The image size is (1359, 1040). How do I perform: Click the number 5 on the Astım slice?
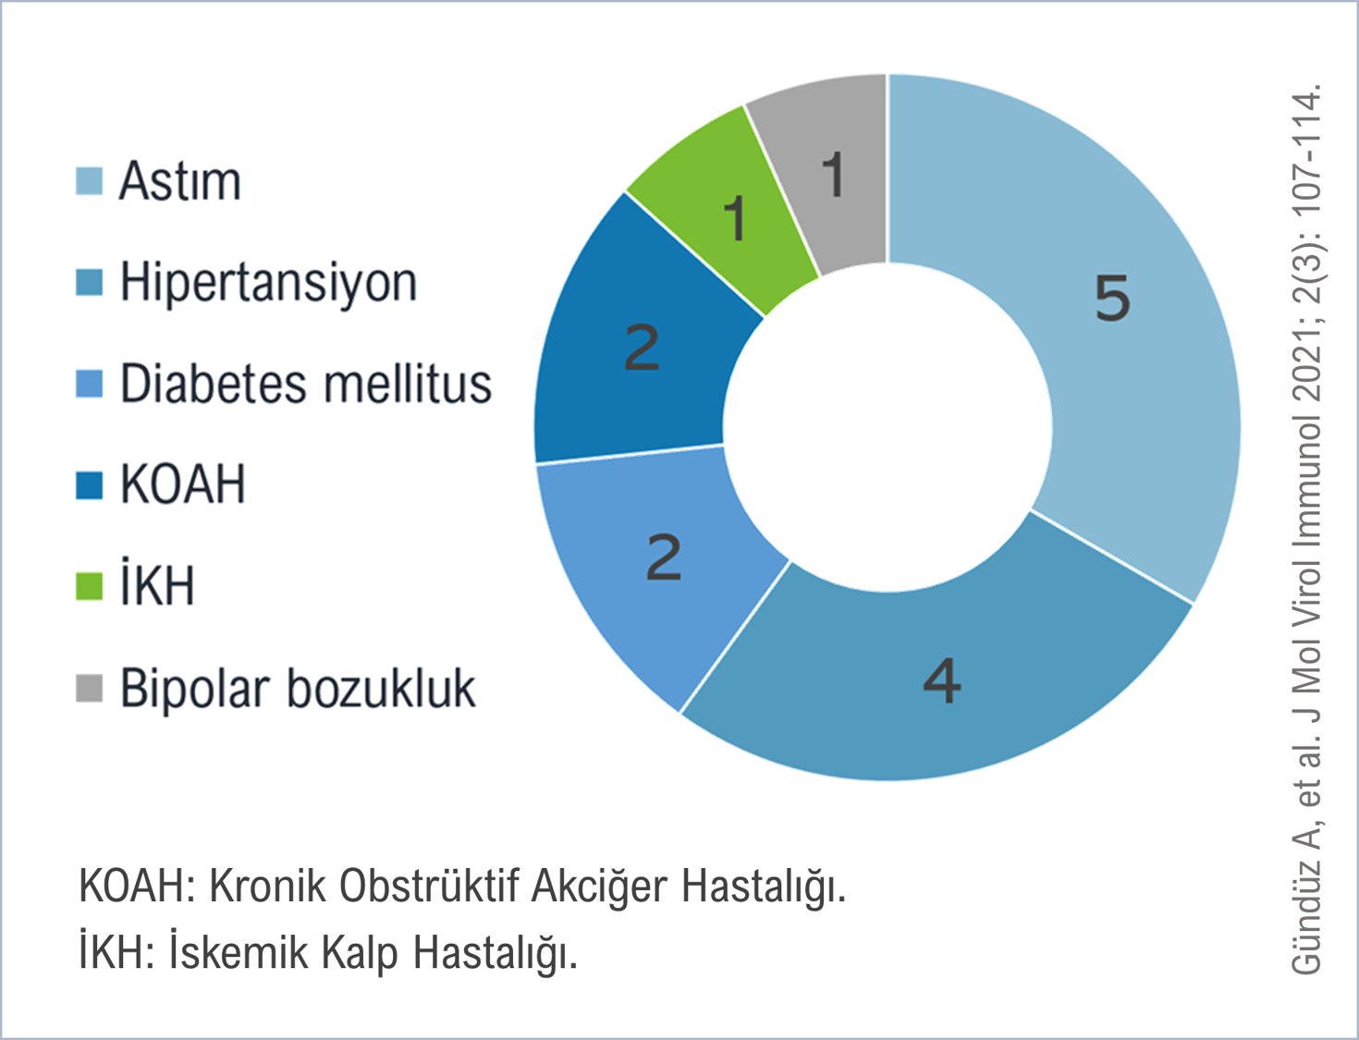[x=1112, y=299]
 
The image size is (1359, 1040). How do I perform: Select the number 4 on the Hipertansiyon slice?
[x=942, y=681]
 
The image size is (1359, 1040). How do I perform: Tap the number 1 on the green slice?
[x=735, y=218]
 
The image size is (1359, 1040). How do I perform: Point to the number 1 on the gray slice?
[x=833, y=175]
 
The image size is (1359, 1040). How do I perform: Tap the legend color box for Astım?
[x=89, y=181]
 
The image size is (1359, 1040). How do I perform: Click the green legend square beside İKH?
[x=89, y=586]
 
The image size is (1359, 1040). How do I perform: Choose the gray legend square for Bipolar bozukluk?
[x=89, y=689]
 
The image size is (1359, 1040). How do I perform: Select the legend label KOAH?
[x=183, y=484]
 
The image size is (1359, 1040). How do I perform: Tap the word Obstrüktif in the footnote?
[x=428, y=886]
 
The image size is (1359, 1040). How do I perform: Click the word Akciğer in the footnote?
[x=600, y=887]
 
